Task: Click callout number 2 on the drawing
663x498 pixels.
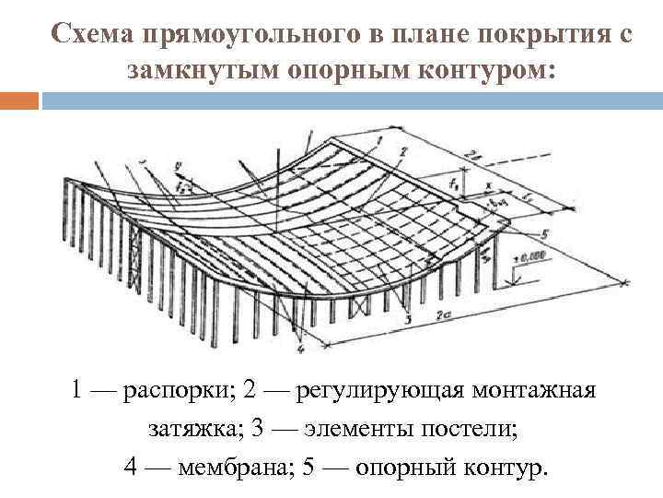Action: pyautogui.click(x=402, y=149)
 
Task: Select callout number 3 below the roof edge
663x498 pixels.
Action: pyautogui.click(x=408, y=316)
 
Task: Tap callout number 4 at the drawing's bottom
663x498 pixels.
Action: pyautogui.click(x=301, y=350)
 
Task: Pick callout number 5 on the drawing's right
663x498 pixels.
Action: pyautogui.click(x=545, y=232)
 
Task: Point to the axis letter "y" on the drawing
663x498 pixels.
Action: pyautogui.click(x=174, y=168)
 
